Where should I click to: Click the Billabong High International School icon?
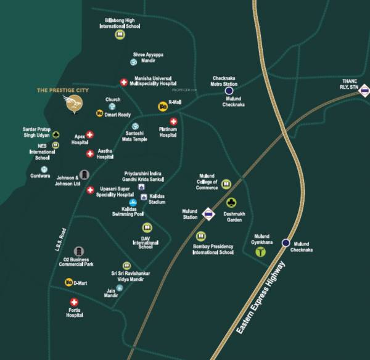pos(119,35)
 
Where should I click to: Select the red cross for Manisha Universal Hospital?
pos(123,81)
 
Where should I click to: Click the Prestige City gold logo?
pos(75,103)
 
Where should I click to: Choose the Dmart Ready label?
pos(118,114)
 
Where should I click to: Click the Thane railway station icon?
pos(365,93)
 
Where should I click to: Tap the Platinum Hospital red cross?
pos(174,121)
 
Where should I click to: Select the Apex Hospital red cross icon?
pos(89,134)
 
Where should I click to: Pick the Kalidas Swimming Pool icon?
pos(132,202)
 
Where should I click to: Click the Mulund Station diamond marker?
pos(208,214)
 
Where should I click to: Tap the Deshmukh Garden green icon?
pos(231,202)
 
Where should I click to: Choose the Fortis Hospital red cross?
pos(74,302)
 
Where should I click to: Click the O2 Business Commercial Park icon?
pos(79,251)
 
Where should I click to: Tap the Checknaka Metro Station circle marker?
pos(229,91)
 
